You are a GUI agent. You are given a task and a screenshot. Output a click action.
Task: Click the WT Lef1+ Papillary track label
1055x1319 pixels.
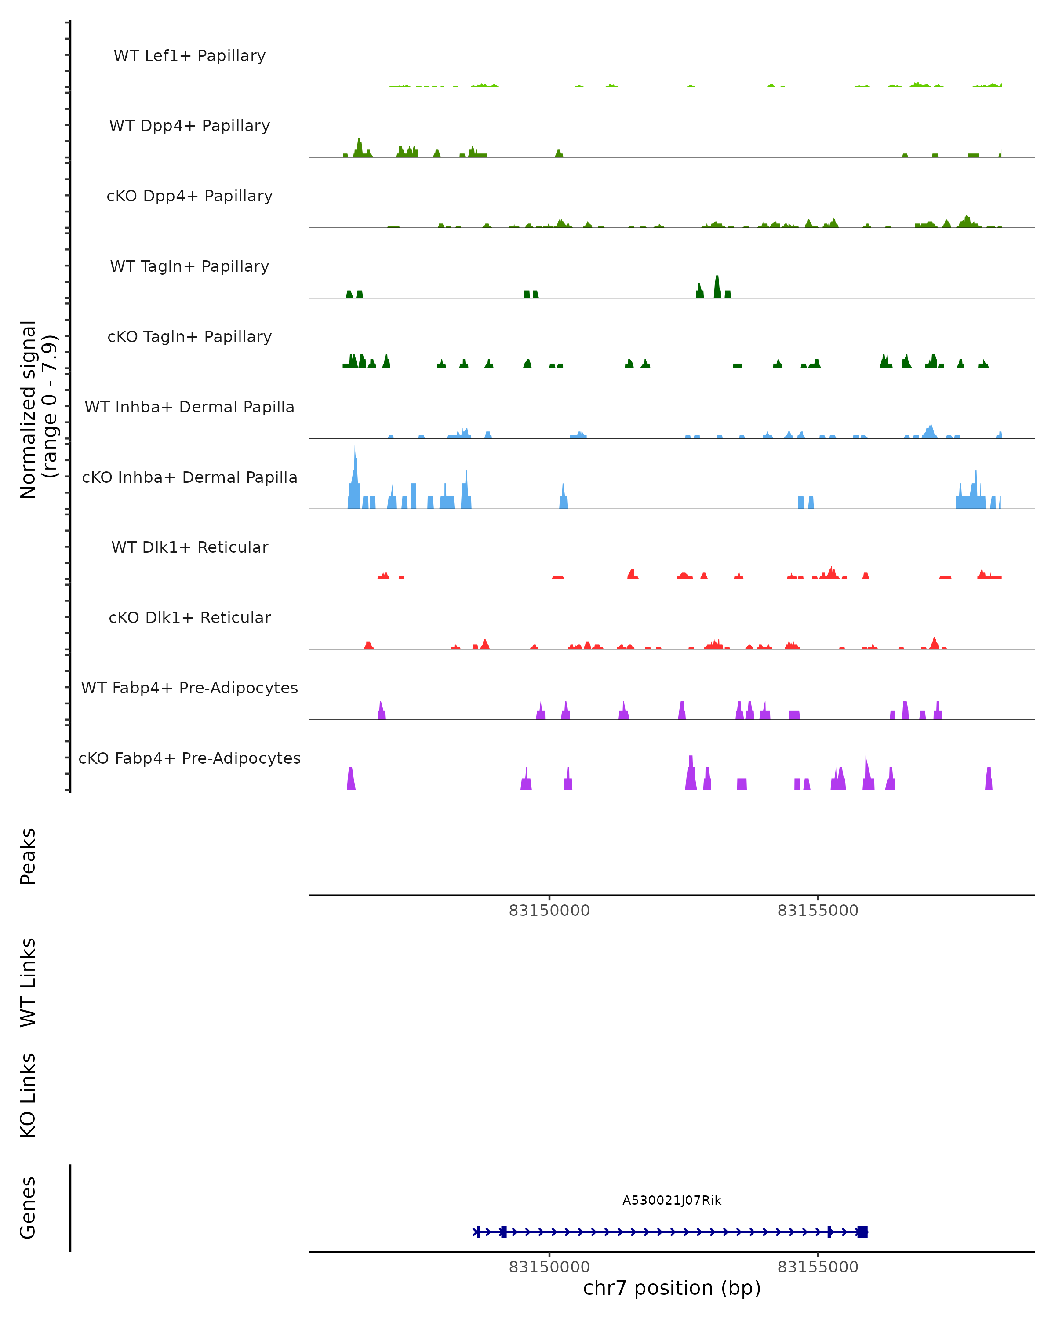click(x=189, y=56)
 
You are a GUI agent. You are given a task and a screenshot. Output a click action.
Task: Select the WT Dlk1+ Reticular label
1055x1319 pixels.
click(x=189, y=547)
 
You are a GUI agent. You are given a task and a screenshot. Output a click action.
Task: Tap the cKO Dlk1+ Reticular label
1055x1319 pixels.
click(x=189, y=617)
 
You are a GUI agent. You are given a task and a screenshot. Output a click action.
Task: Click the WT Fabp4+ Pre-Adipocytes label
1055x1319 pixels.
click(x=189, y=688)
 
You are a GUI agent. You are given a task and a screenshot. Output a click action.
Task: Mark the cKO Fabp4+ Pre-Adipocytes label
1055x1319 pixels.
click(x=189, y=758)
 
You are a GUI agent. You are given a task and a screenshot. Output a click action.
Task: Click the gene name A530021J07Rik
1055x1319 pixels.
click(x=672, y=1200)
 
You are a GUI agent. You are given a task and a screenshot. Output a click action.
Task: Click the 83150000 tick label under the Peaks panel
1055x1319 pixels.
click(x=549, y=911)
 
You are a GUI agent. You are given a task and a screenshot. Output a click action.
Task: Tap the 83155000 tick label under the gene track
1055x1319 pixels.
click(x=818, y=1267)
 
